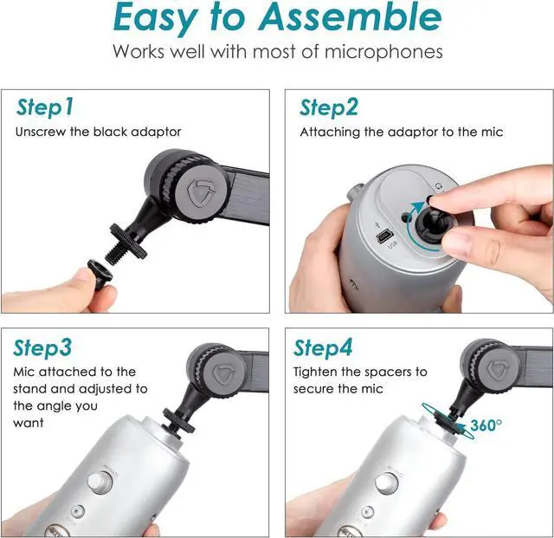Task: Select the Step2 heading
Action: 328,107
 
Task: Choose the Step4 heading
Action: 323,348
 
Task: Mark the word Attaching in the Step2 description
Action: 329,133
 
